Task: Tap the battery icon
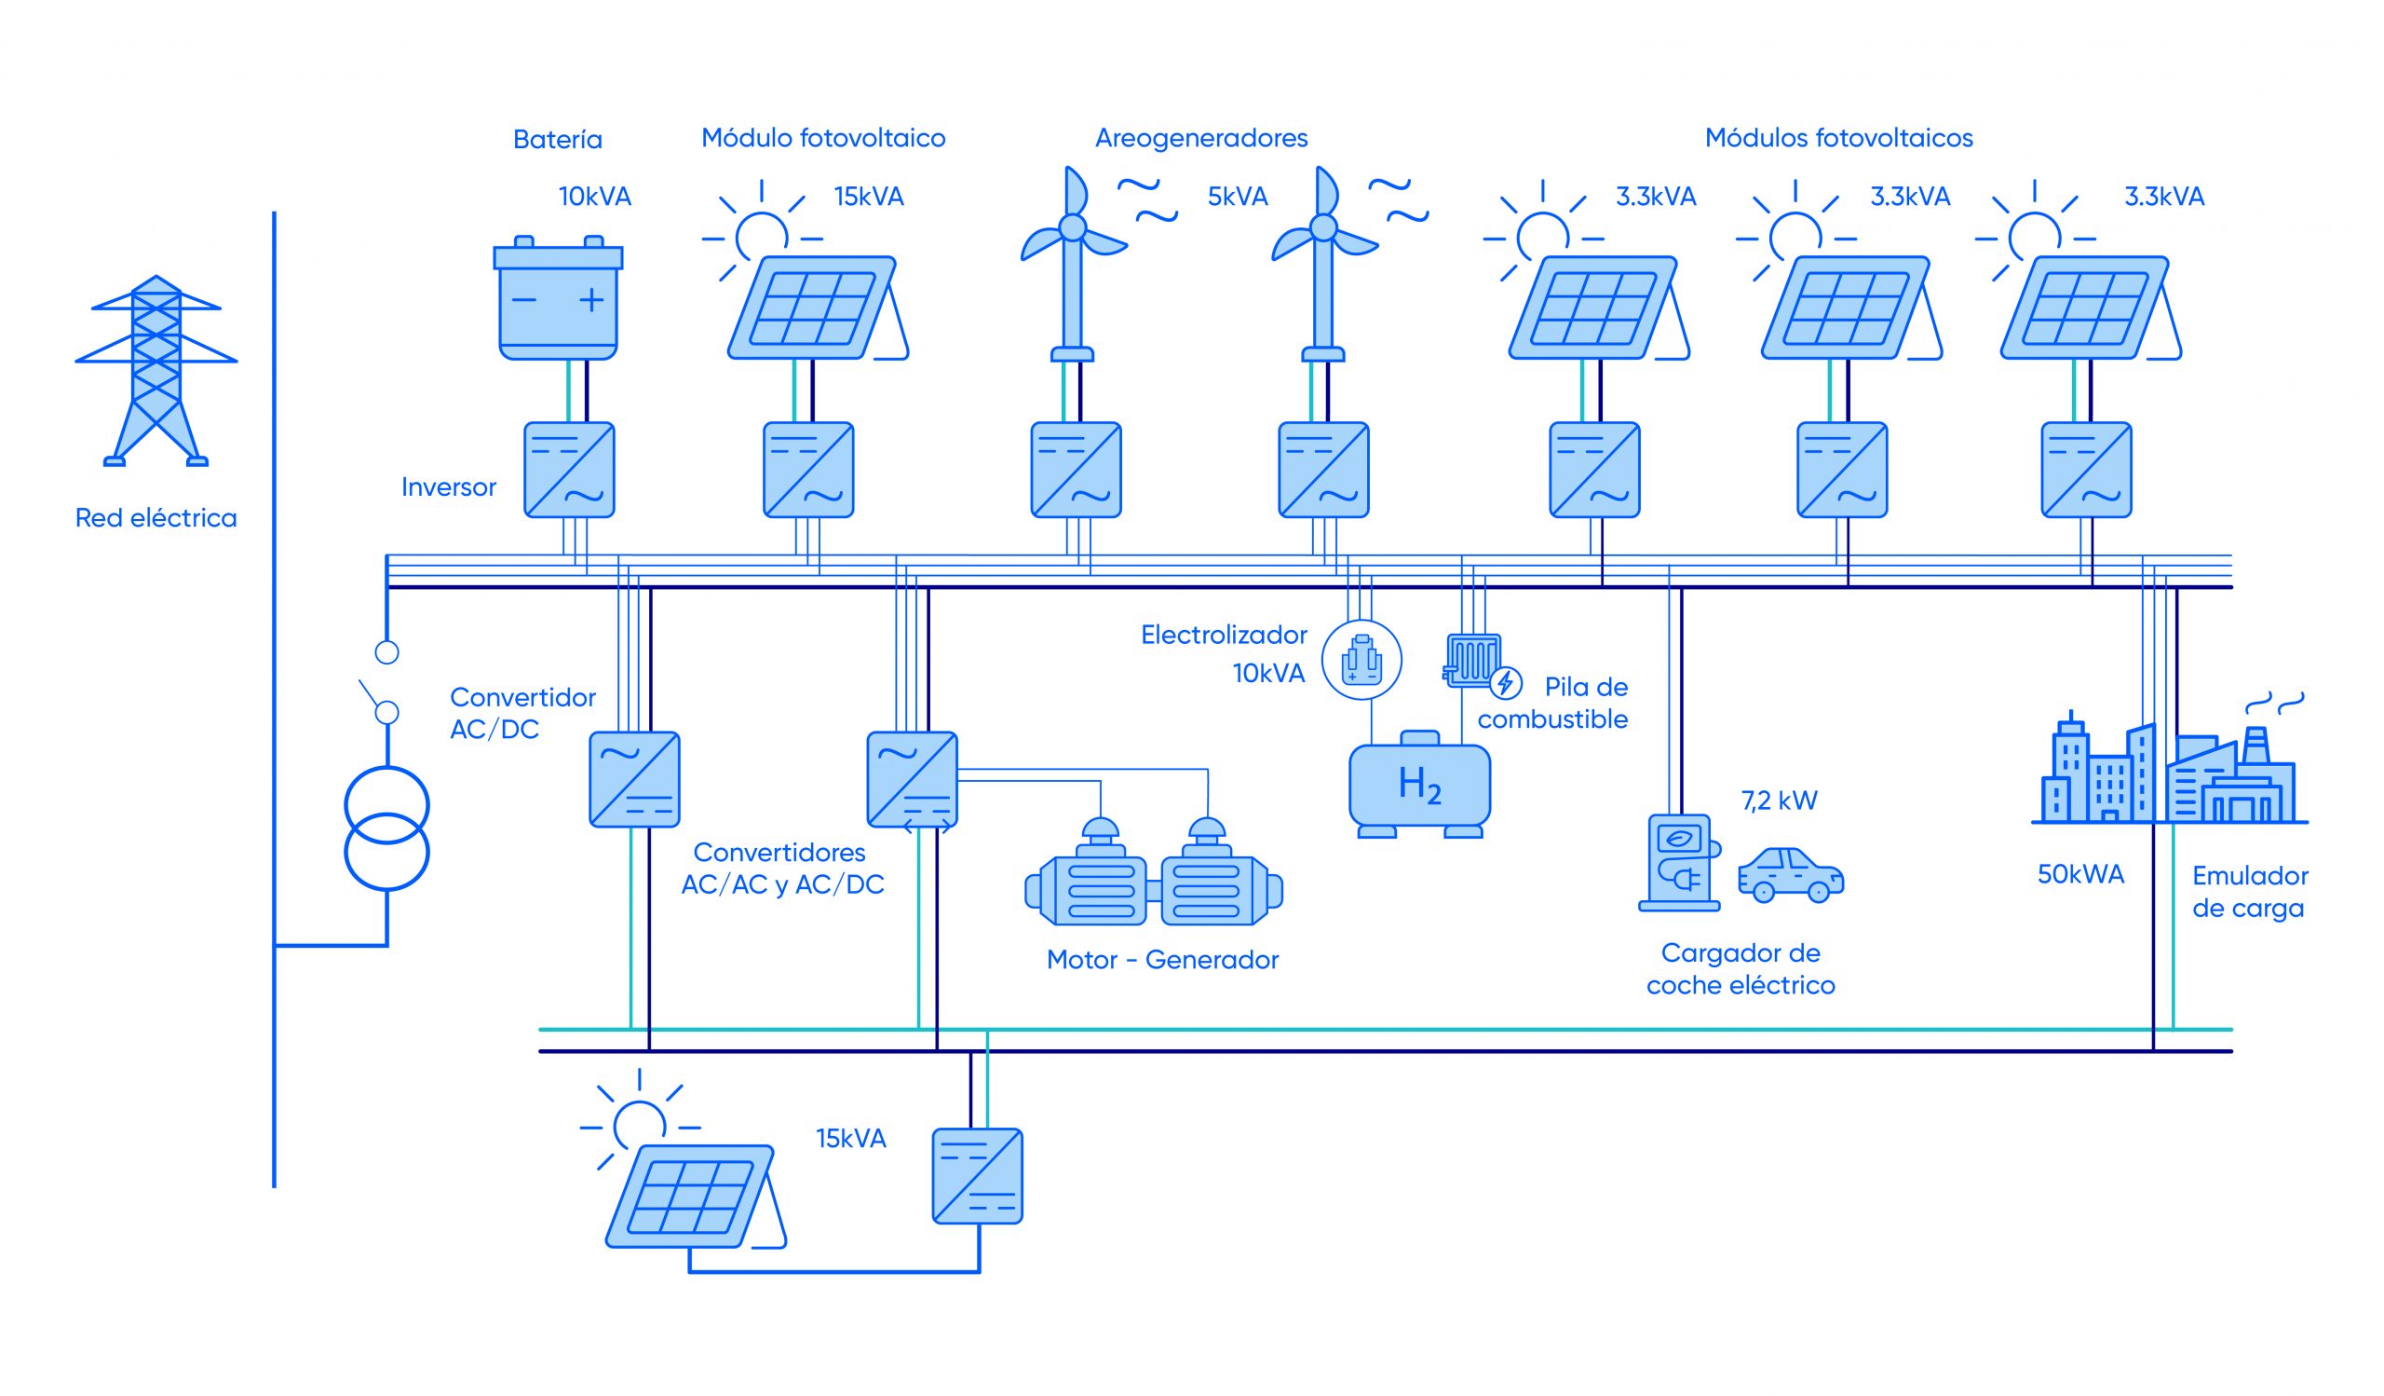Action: [558, 299]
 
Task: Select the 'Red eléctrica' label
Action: [156, 518]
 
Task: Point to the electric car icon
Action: [1791, 873]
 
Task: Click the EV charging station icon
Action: [1679, 862]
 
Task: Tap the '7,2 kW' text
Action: [1780, 801]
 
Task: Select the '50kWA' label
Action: [2080, 874]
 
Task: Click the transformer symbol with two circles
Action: [386, 829]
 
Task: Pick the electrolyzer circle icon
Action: [1361, 660]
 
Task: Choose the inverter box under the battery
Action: [570, 471]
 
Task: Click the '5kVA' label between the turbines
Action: [1238, 197]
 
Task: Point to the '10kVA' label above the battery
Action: [594, 197]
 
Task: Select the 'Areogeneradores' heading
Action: [1201, 138]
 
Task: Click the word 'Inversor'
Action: [449, 487]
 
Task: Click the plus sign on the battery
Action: [591, 300]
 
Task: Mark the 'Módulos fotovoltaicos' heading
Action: [1838, 138]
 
